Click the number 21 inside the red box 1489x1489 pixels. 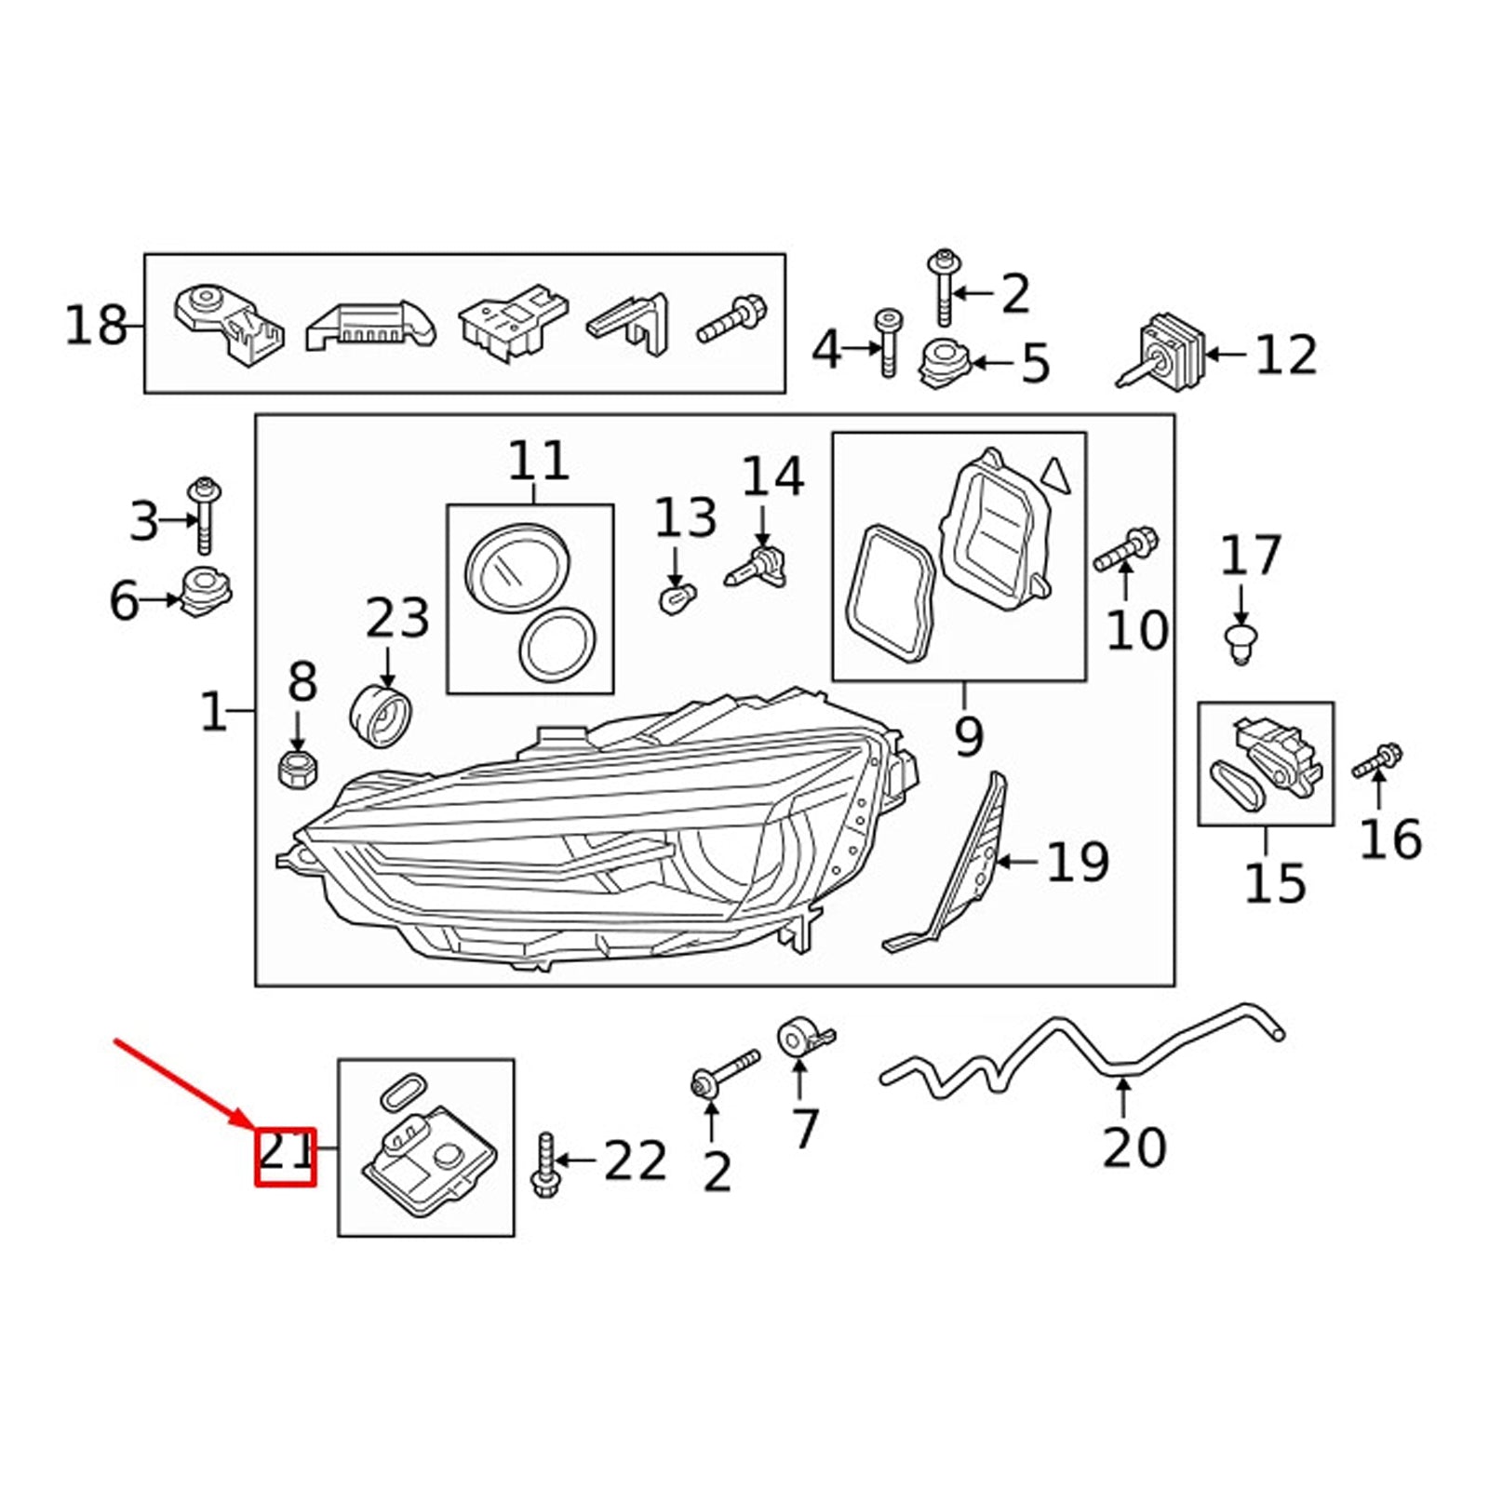[x=286, y=1155]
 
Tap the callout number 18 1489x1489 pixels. [x=95, y=327]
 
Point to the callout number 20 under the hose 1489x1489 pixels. [x=1134, y=1147]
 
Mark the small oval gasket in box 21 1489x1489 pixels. [x=402, y=1090]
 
